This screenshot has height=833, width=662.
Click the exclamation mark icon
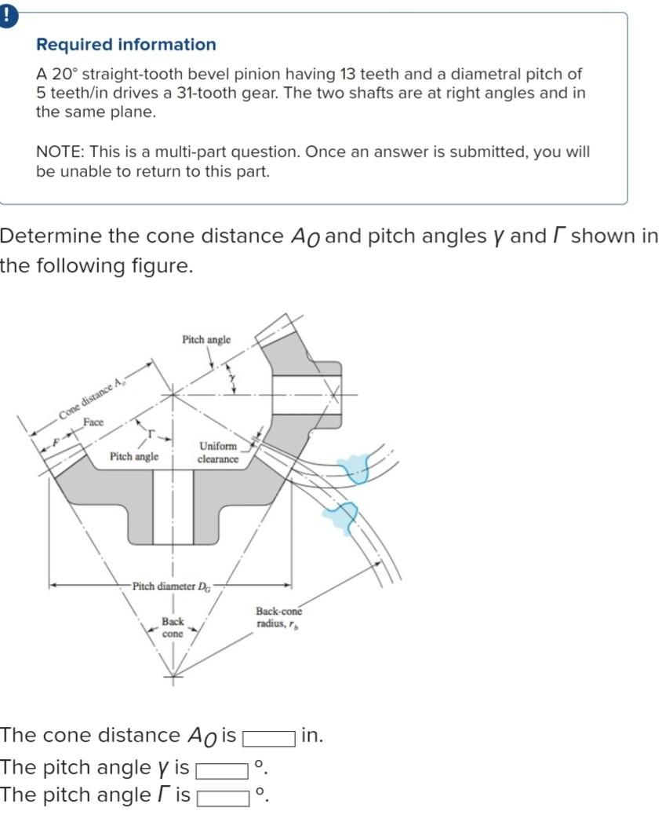click(6, 16)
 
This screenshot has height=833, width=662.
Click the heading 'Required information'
click(126, 45)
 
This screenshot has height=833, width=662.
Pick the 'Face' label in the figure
click(93, 422)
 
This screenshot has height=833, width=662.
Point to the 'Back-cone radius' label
click(278, 618)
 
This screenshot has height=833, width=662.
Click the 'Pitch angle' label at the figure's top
click(206, 340)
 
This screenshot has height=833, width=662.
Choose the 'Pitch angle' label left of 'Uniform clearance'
click(134, 456)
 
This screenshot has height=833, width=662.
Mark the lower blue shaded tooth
click(340, 516)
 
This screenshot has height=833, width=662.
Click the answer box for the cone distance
click(268, 737)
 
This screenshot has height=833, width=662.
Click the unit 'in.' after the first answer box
click(311, 736)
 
